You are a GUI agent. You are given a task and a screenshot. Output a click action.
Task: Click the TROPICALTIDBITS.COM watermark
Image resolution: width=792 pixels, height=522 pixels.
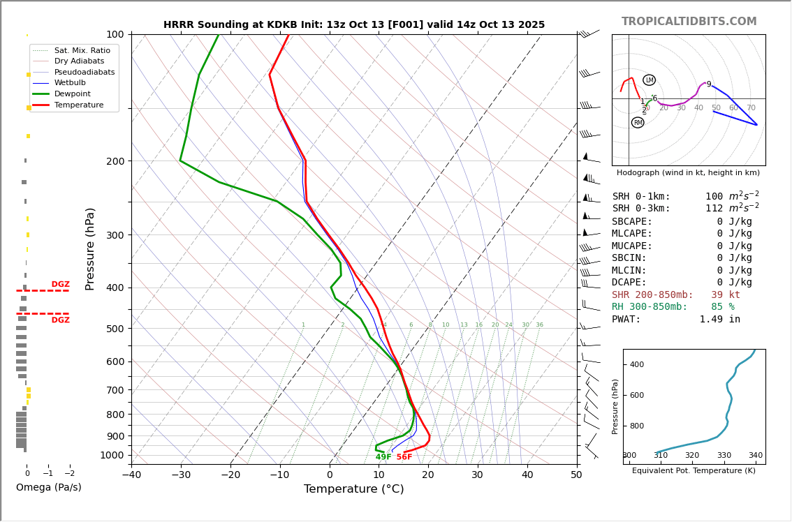[x=689, y=22]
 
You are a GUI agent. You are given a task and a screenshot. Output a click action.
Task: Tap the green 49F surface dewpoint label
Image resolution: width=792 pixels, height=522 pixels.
[x=383, y=457]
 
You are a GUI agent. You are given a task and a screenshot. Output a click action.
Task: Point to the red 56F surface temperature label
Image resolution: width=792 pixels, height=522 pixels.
[x=404, y=457]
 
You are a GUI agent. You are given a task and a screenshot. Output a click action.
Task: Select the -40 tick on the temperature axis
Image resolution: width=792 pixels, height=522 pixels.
[x=132, y=476]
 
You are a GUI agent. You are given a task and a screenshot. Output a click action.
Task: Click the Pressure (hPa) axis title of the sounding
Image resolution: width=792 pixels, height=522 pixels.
[x=90, y=248]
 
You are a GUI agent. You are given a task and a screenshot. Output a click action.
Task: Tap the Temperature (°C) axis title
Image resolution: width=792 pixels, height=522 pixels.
[x=353, y=489]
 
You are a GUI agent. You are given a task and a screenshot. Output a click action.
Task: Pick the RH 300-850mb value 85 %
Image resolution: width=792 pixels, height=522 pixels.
[x=725, y=307]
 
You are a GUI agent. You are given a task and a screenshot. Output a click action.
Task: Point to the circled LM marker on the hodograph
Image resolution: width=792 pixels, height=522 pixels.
[x=649, y=80]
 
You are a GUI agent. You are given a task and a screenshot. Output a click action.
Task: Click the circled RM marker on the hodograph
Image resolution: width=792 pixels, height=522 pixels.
[x=638, y=123]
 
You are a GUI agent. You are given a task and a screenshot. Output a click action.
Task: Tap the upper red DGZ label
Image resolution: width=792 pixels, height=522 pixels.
[x=60, y=285]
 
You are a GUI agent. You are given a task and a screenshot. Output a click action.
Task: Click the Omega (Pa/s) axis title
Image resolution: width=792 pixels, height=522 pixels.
[x=48, y=488]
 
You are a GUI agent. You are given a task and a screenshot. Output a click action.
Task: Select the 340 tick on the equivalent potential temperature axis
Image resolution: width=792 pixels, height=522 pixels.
[x=755, y=456]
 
